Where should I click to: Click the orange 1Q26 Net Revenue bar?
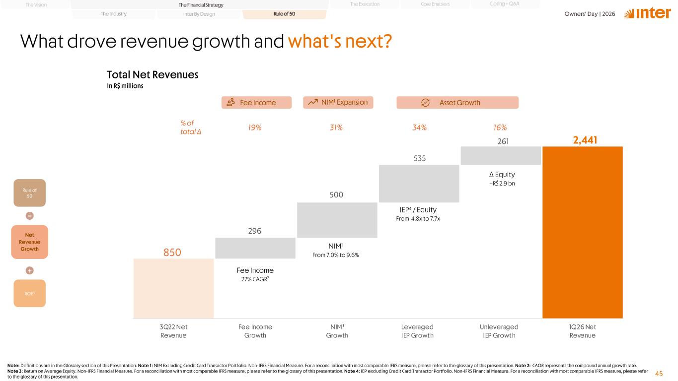[582, 232]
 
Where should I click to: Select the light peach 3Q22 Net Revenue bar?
[173, 288]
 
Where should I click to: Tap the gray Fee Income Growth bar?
[255, 248]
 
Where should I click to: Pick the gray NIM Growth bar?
[337, 220]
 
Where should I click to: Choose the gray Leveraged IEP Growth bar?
[419, 184]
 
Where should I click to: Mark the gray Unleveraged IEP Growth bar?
[501, 156]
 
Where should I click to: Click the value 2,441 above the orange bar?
[585, 140]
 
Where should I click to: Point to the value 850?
[172, 252]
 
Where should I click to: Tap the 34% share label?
[419, 127]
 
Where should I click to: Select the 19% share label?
[254, 127]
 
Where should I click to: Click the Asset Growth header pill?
[457, 103]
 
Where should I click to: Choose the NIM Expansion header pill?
[338, 103]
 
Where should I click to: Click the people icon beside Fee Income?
[231, 103]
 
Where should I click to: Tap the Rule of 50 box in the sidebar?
[30, 193]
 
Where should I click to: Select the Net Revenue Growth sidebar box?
[30, 242]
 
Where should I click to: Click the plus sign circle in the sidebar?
[30, 270]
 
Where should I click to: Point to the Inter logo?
[647, 13]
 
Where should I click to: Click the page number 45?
[659, 374]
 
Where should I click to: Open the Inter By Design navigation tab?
[199, 14]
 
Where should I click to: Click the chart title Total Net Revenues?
[152, 75]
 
